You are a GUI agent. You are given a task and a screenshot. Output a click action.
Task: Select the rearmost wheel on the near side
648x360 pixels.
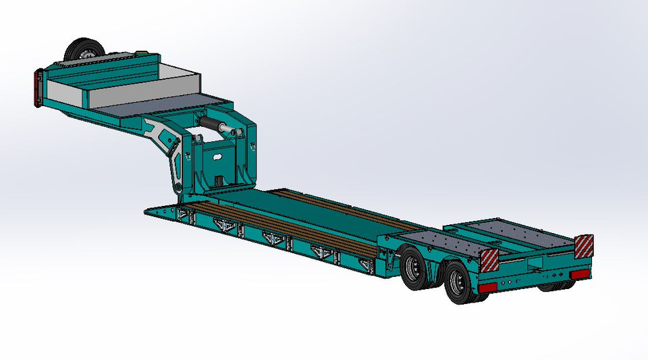tap(458, 283)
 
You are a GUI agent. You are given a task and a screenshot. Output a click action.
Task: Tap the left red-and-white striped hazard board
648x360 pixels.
tap(489, 258)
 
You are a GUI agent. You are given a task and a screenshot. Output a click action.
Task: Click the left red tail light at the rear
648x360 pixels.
tap(488, 286)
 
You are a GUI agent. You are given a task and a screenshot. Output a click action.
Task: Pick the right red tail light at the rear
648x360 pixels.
tap(579, 275)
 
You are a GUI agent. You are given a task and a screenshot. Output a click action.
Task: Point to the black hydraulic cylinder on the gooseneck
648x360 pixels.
tap(215, 126)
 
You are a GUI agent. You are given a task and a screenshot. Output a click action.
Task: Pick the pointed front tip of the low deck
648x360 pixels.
tap(148, 211)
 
